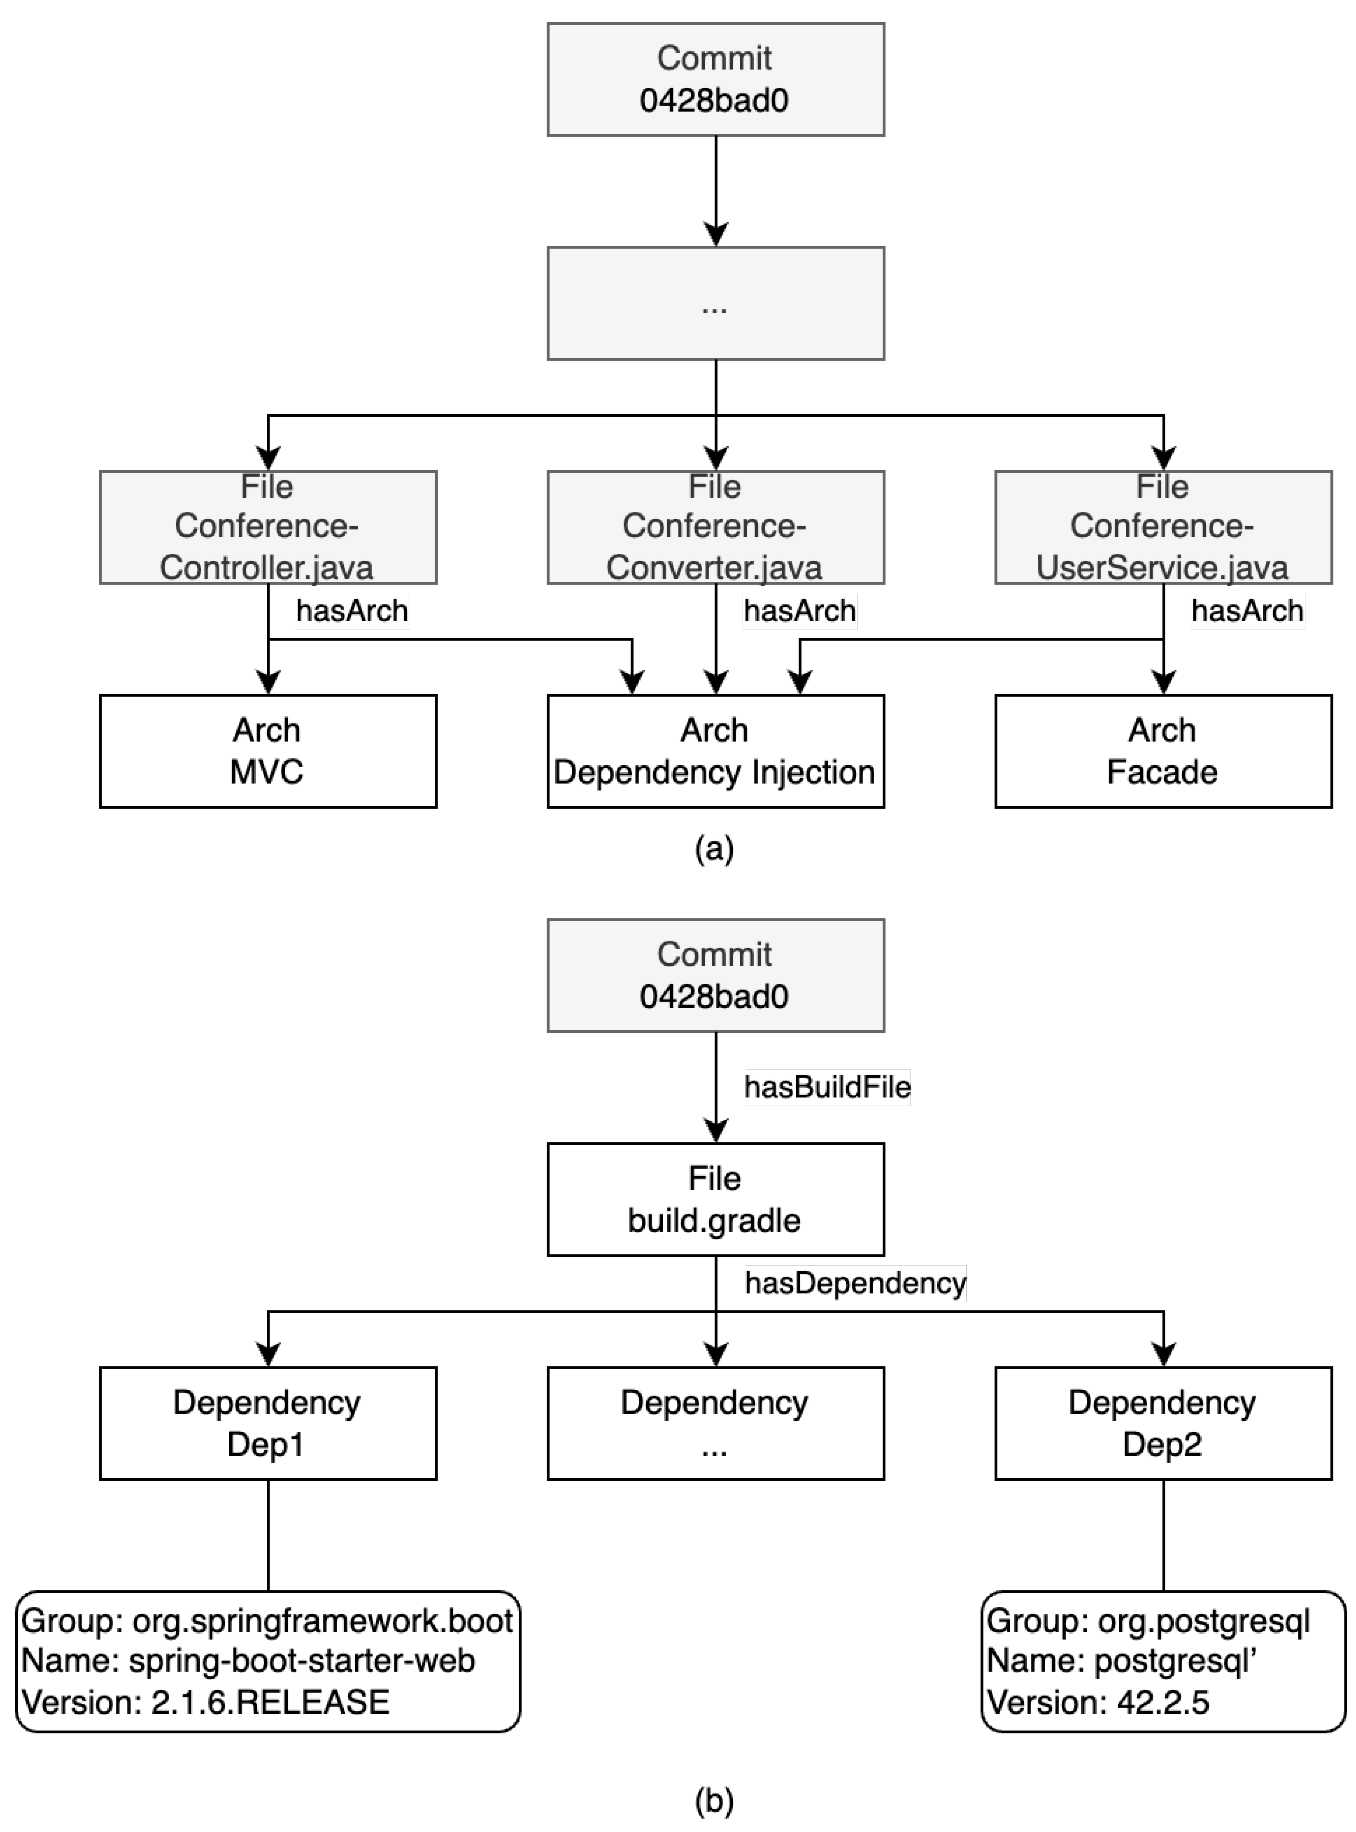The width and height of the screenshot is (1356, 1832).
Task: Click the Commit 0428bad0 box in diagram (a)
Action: click(x=715, y=80)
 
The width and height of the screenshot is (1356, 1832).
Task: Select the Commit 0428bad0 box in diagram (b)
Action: click(x=715, y=975)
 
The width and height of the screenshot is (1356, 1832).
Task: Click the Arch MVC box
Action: click(x=267, y=751)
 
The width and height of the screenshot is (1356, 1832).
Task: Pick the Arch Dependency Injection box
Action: click(x=715, y=751)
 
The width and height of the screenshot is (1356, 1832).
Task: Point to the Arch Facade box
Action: click(x=1162, y=751)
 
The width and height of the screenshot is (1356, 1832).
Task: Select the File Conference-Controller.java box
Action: click(x=267, y=527)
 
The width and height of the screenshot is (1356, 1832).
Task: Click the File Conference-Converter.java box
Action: click(x=715, y=527)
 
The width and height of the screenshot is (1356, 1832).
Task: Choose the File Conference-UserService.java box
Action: click(x=1162, y=527)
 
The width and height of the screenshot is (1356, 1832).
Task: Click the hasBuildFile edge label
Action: click(x=827, y=1087)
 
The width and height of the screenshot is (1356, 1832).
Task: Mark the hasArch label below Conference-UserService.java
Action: click(x=1247, y=611)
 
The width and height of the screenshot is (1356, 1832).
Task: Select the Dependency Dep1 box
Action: click(x=267, y=1423)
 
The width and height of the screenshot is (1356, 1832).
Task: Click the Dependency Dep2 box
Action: click(x=1162, y=1423)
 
